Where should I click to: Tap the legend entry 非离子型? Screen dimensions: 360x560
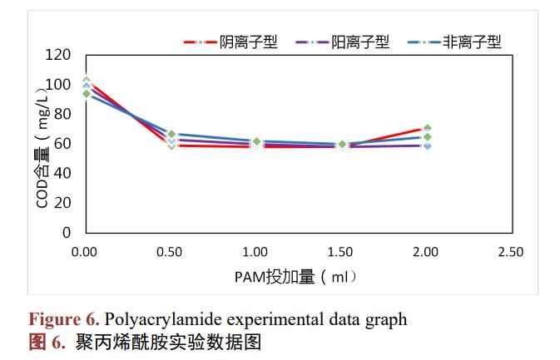[472, 42]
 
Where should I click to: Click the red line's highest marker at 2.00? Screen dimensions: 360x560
[427, 128]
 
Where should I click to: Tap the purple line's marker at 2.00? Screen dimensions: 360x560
[427, 145]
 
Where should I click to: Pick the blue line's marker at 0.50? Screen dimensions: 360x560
[171, 134]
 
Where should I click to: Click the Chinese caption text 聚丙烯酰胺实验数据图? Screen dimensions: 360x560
[168, 342]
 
